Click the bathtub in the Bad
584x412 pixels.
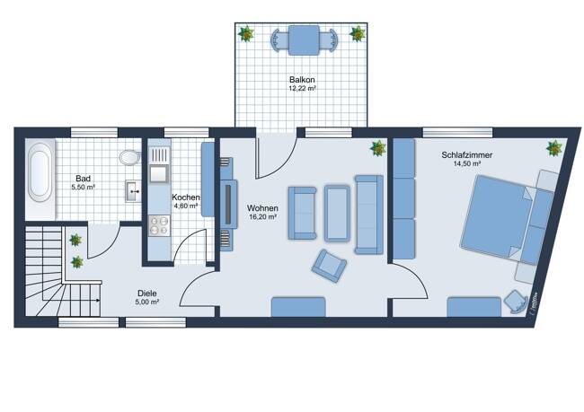(x=40, y=172)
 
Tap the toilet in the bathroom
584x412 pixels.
(x=129, y=157)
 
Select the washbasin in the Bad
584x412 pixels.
(x=133, y=191)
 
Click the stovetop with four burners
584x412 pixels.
(x=159, y=225)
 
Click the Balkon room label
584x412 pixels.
(x=302, y=80)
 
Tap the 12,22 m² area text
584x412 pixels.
(x=302, y=89)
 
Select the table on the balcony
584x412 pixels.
(x=304, y=40)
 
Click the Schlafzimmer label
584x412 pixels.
(x=466, y=154)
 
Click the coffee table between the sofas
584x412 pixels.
(x=337, y=213)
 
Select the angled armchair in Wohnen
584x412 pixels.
(x=329, y=266)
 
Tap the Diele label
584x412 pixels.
(x=147, y=294)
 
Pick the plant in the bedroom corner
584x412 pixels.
(x=554, y=148)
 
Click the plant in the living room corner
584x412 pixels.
(x=378, y=148)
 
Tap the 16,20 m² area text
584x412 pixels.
(x=262, y=217)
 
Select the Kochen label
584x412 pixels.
(x=185, y=197)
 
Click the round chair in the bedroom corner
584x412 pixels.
(x=516, y=300)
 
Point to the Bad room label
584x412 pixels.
(x=83, y=179)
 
